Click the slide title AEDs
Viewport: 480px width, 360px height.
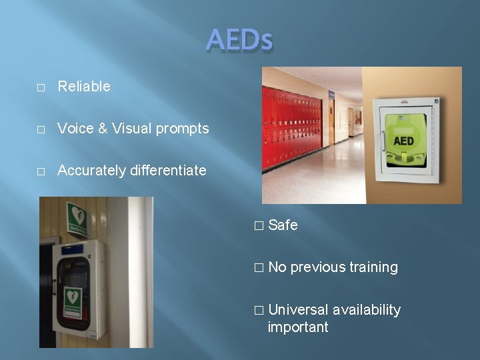click(239, 41)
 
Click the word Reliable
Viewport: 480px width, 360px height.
click(84, 86)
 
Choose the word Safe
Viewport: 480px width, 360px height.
click(283, 225)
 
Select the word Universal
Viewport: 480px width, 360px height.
click(298, 310)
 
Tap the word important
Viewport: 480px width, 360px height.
click(297, 327)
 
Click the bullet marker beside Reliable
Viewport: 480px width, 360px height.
click(41, 87)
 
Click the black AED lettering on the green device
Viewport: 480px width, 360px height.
click(403, 141)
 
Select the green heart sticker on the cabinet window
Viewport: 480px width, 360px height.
click(73, 298)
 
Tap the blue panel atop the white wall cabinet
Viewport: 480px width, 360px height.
click(73, 250)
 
